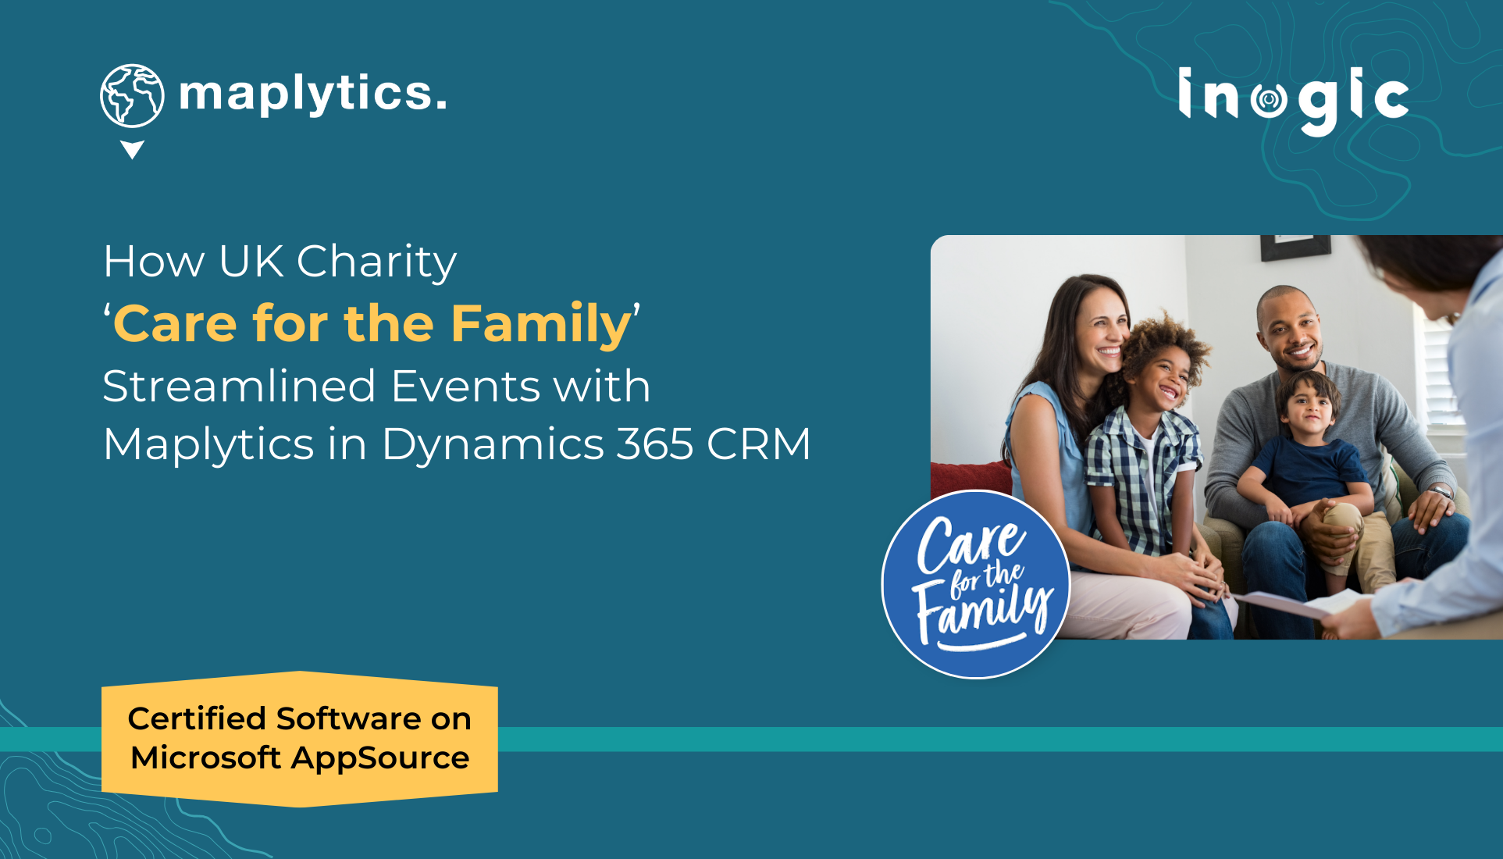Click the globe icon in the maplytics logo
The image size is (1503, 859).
point(132,95)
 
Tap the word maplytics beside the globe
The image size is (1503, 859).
point(312,94)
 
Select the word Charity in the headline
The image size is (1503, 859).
point(376,262)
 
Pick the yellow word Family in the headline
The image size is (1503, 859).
point(541,324)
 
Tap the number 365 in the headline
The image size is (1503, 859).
point(655,444)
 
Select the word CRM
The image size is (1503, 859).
point(758,444)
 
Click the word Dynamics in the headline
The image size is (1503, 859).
point(493,444)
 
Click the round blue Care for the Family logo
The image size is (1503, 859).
point(976,584)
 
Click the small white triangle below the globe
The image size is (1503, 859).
point(132,148)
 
